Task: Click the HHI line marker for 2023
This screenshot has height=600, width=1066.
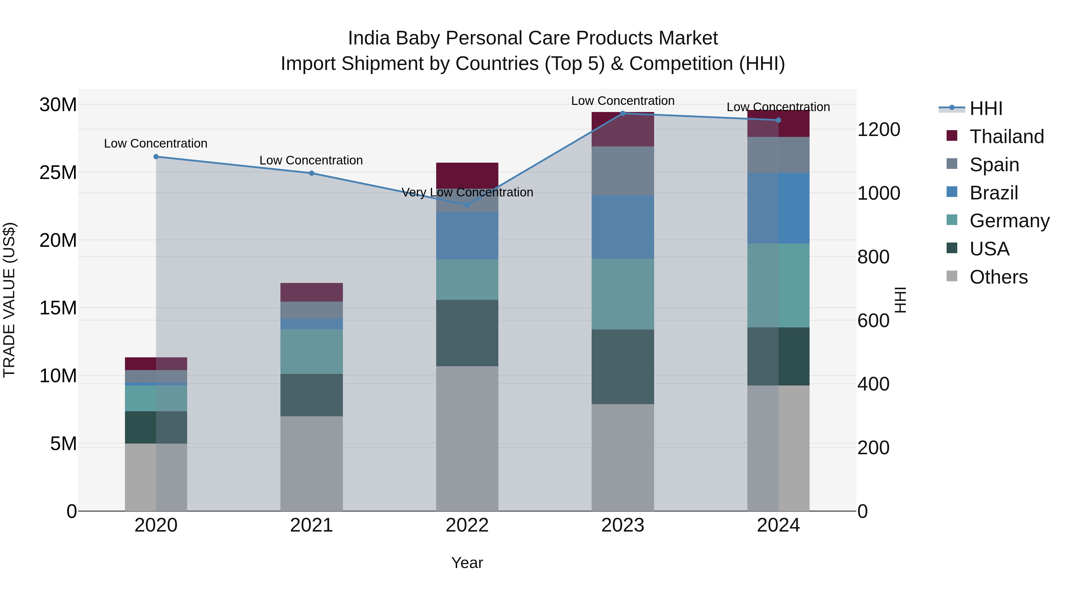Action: [x=623, y=113]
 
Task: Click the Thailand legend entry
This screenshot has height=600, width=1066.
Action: [x=1006, y=137]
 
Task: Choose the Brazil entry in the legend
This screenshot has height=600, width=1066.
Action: [x=993, y=193]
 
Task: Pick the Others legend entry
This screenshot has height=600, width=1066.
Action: [x=998, y=277]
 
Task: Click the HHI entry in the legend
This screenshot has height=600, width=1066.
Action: [x=986, y=108]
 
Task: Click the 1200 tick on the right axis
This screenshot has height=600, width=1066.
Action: [x=878, y=129]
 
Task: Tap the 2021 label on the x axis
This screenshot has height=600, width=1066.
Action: [x=311, y=525]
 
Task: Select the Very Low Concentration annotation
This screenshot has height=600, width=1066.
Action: [x=467, y=193]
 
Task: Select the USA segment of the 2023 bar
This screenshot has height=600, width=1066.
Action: [x=623, y=367]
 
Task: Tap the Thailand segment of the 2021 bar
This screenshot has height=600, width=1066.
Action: [x=311, y=292]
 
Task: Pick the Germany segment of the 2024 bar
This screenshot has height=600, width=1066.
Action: [x=778, y=285]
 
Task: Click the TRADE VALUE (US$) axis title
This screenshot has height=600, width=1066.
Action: [x=9, y=300]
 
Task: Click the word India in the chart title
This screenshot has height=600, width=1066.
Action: [x=369, y=39]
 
